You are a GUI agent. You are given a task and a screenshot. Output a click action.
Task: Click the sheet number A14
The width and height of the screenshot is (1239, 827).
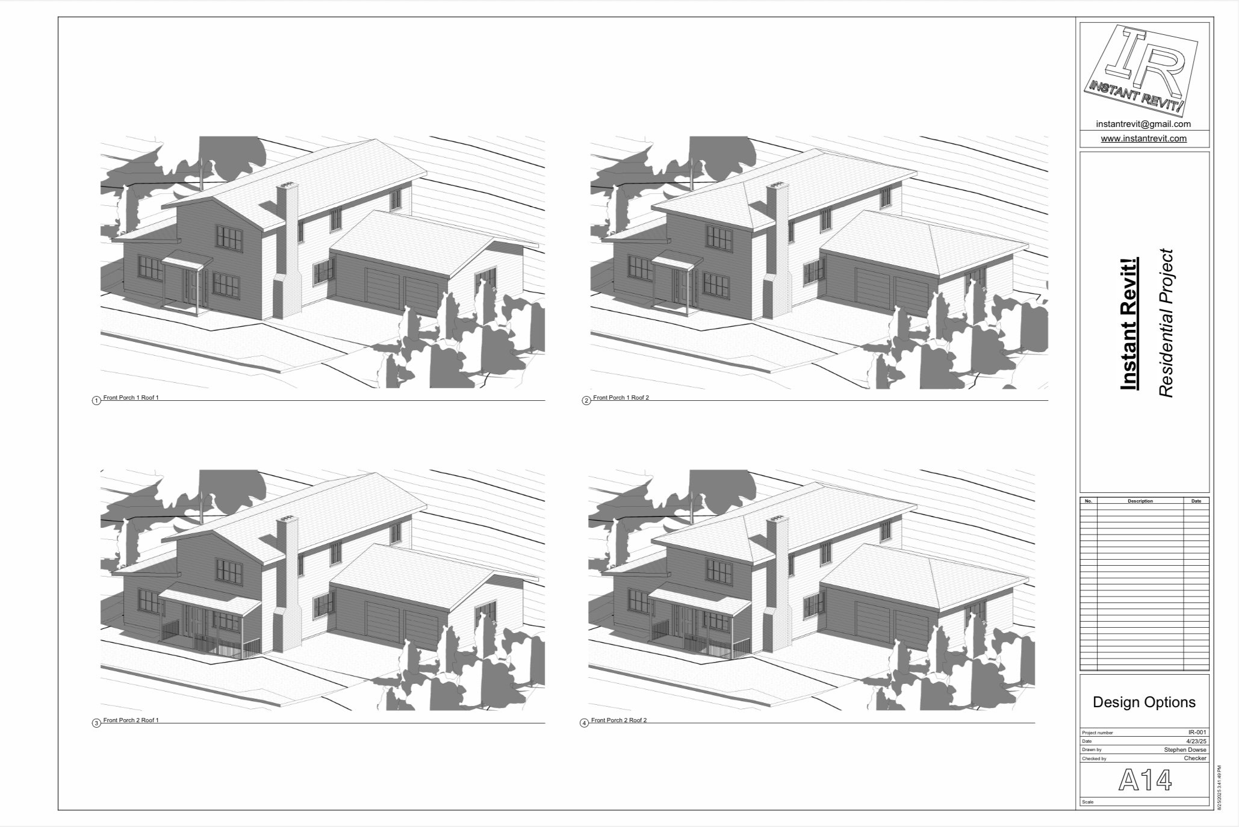[x=1144, y=780]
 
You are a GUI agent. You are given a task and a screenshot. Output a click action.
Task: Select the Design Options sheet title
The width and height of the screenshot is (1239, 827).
[x=1144, y=702]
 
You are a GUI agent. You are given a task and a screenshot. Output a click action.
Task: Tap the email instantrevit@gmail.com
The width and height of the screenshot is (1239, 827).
[x=1143, y=124]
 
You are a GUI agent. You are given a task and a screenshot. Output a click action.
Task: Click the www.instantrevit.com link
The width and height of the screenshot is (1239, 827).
[x=1143, y=138]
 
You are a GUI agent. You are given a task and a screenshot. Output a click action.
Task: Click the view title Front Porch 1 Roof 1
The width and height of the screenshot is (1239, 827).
[x=131, y=398]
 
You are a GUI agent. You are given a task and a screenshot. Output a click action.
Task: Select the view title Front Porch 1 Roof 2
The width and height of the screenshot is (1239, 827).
[x=621, y=398]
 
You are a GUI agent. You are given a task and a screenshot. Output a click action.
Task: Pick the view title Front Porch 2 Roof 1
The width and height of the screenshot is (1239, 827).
[x=131, y=720]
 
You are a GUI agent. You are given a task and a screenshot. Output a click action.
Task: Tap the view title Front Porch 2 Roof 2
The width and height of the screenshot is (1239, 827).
[x=618, y=720]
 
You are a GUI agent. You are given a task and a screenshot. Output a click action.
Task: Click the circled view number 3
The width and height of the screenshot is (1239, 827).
[x=96, y=723]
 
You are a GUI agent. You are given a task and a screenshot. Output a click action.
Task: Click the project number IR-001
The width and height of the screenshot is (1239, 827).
[x=1197, y=733]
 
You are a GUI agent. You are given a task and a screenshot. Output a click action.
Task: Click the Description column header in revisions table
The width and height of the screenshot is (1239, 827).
[x=1140, y=501]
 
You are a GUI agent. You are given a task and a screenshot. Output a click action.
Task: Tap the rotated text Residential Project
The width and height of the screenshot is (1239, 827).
[x=1166, y=323]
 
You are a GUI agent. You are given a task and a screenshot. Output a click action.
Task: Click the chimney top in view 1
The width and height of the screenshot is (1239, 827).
[x=288, y=185]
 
